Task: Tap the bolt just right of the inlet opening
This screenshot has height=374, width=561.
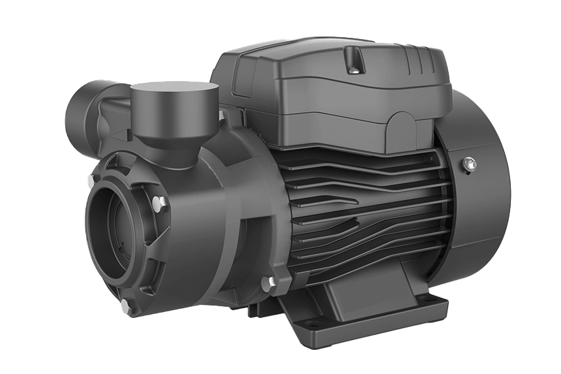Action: [158, 204]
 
